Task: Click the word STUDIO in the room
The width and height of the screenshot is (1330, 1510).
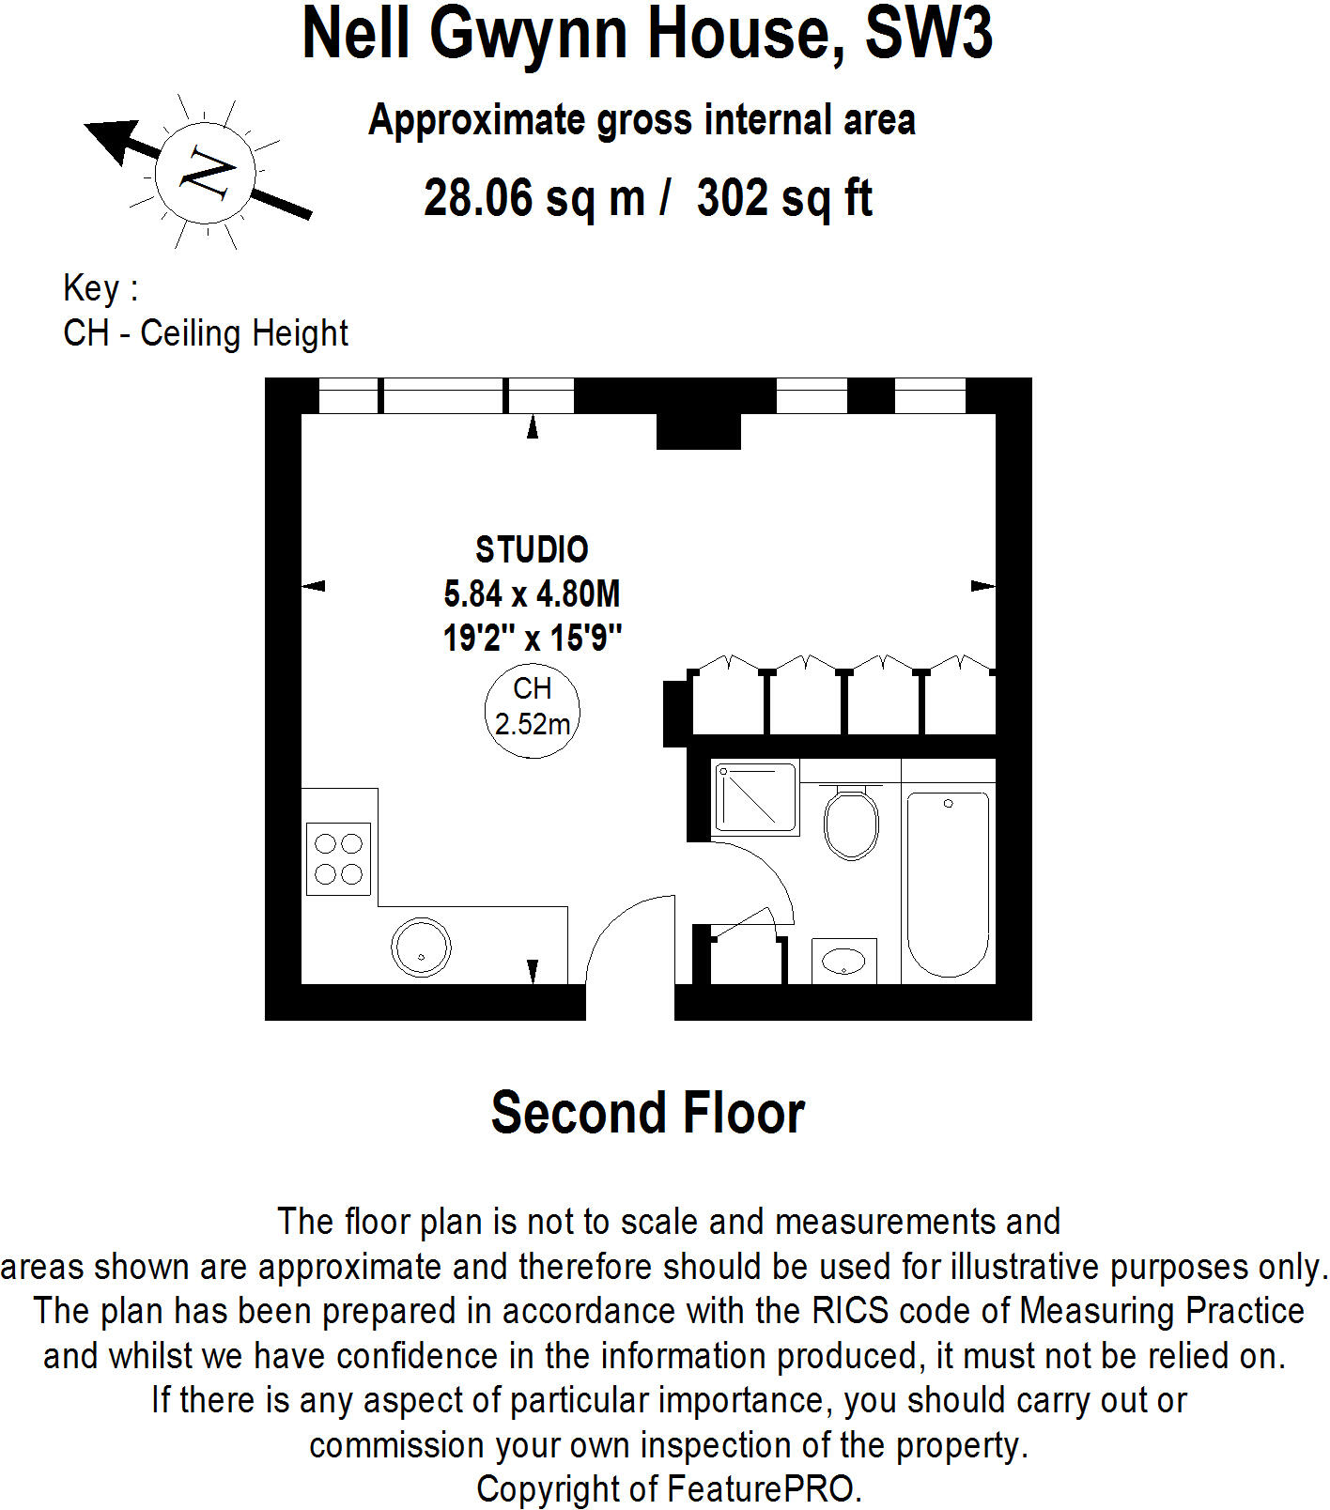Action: (x=532, y=549)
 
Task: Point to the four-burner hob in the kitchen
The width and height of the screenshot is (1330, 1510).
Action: (x=338, y=859)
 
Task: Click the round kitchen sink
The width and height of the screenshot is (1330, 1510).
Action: (x=421, y=947)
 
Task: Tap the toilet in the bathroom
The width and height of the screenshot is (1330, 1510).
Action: (x=851, y=823)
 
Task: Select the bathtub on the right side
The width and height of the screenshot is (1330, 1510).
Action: (x=947, y=883)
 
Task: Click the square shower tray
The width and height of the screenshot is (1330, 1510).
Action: (x=754, y=797)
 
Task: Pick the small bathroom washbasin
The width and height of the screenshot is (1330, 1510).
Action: (x=843, y=961)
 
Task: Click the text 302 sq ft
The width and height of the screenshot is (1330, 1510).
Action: (x=784, y=198)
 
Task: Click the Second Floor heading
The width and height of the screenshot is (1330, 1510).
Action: (x=647, y=1113)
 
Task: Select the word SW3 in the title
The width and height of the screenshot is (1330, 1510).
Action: (x=927, y=34)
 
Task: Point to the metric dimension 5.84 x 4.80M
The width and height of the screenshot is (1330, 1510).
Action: (x=532, y=594)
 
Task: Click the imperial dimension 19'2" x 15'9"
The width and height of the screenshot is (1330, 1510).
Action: (x=532, y=639)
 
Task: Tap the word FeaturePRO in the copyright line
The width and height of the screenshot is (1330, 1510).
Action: (x=761, y=1489)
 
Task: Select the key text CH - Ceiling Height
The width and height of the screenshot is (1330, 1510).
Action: (x=205, y=333)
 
